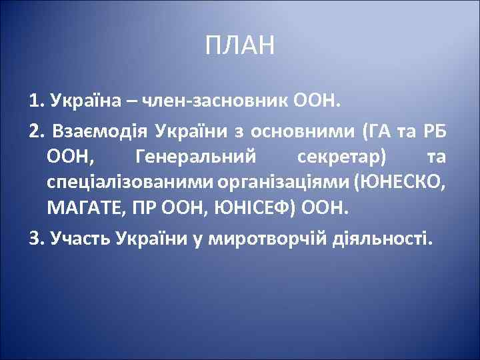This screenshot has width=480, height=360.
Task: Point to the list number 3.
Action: pos(35,238)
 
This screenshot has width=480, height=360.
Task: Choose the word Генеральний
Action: pos(195,157)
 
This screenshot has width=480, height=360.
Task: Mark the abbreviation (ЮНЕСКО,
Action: pos(402,183)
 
